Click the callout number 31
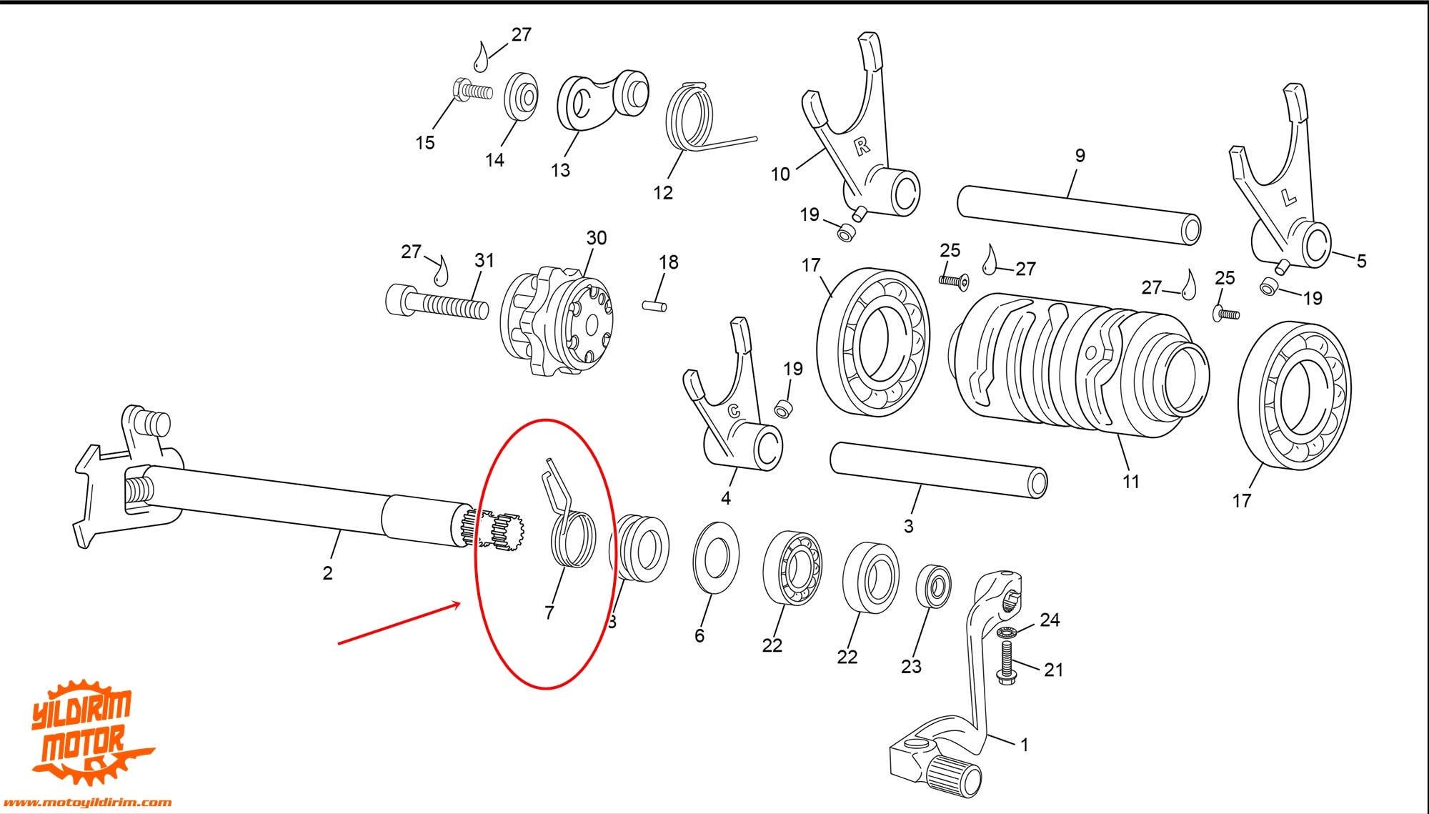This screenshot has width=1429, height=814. pos(484,260)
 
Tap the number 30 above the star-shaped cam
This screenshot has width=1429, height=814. pos(597,237)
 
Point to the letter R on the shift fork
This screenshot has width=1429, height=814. pos(862,147)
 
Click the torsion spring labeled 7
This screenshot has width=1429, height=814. pos(568,525)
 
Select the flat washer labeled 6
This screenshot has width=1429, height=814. pos(717,557)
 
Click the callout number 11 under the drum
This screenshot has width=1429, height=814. pos(1130,482)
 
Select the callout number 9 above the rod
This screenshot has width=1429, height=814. pos(1080,155)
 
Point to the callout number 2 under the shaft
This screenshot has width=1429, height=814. pos(327,572)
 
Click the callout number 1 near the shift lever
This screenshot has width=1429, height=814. pos(1024,745)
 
